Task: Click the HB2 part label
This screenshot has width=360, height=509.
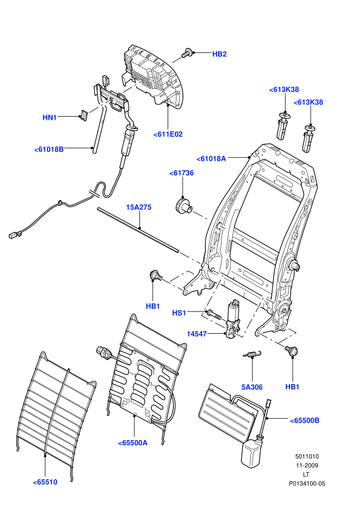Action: tap(219, 54)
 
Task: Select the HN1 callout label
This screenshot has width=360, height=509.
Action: tap(50, 118)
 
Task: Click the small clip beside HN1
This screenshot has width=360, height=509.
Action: tap(84, 115)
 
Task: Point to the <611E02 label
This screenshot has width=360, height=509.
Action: tap(168, 134)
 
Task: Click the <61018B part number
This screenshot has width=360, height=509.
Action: tap(49, 149)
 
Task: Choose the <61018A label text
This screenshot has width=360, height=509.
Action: tap(211, 159)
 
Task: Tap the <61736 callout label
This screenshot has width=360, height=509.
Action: tap(182, 173)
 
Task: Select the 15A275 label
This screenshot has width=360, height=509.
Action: tap(139, 207)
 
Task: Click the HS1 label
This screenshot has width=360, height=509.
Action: tap(179, 313)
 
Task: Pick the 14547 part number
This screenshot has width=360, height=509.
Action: tap(197, 334)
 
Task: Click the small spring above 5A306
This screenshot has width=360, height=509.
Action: tap(252, 354)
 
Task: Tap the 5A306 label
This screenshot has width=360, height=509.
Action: tap(252, 387)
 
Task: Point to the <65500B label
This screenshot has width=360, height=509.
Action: tap(304, 421)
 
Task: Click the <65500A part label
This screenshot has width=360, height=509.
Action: tap(133, 443)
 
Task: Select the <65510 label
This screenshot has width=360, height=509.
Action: tap(45, 482)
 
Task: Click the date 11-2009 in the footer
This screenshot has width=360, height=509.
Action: tap(307, 465)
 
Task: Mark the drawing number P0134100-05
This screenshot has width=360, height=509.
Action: tap(307, 483)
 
